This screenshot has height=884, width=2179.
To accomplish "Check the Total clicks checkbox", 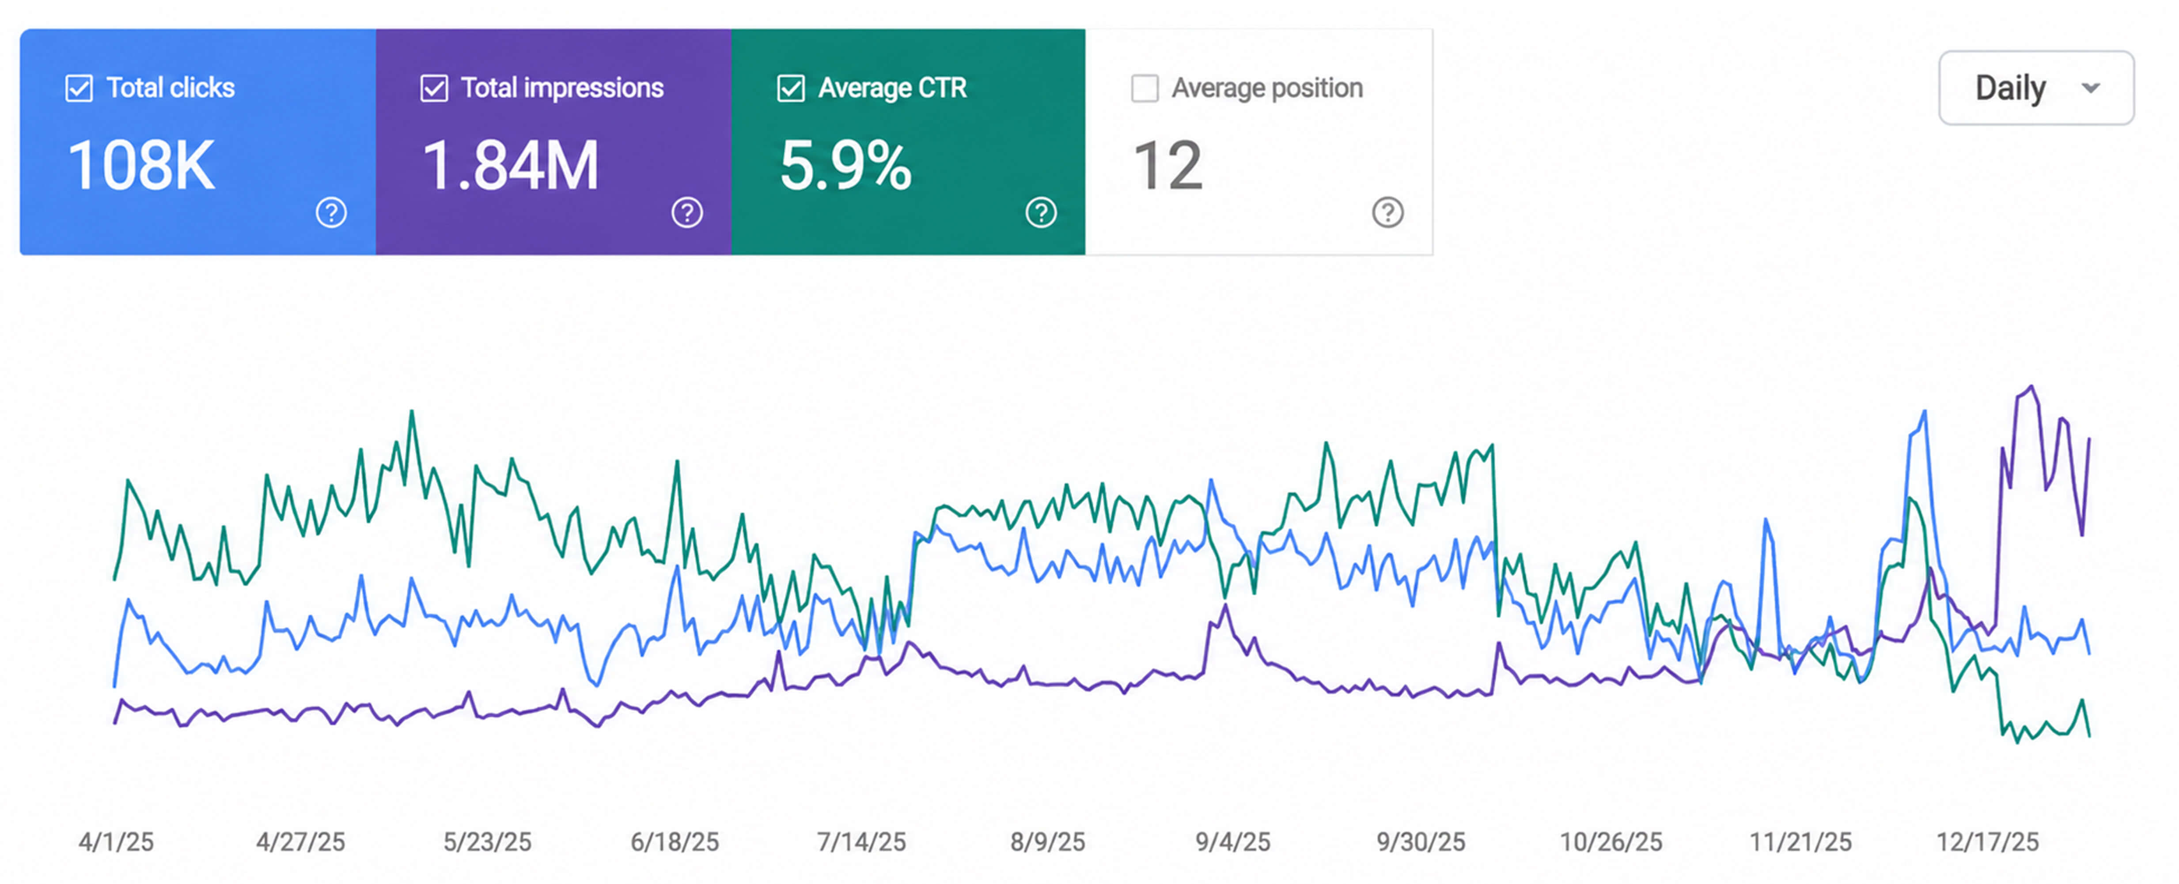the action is point(79,88).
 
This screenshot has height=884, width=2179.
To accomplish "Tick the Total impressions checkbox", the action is point(434,88).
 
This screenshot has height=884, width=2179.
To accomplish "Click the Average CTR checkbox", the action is point(791,88).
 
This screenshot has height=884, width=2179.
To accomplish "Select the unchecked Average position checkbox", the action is point(1144,88).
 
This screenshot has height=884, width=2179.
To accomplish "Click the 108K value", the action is point(141,165).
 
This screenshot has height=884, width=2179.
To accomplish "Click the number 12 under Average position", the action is point(1167,165).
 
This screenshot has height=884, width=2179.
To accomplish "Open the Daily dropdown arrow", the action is point(2091,88).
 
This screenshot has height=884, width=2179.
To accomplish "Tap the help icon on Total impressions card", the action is point(687,212).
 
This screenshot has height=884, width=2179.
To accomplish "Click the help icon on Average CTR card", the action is point(1041,212).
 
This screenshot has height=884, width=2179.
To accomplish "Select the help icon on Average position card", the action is point(1388,212).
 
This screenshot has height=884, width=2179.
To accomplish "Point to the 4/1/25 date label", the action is point(116,842).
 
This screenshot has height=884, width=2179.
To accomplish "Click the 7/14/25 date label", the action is point(861,842).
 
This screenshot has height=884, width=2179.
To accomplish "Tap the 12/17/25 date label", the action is point(1988,842).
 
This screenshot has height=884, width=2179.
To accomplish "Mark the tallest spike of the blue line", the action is point(1925,412).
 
